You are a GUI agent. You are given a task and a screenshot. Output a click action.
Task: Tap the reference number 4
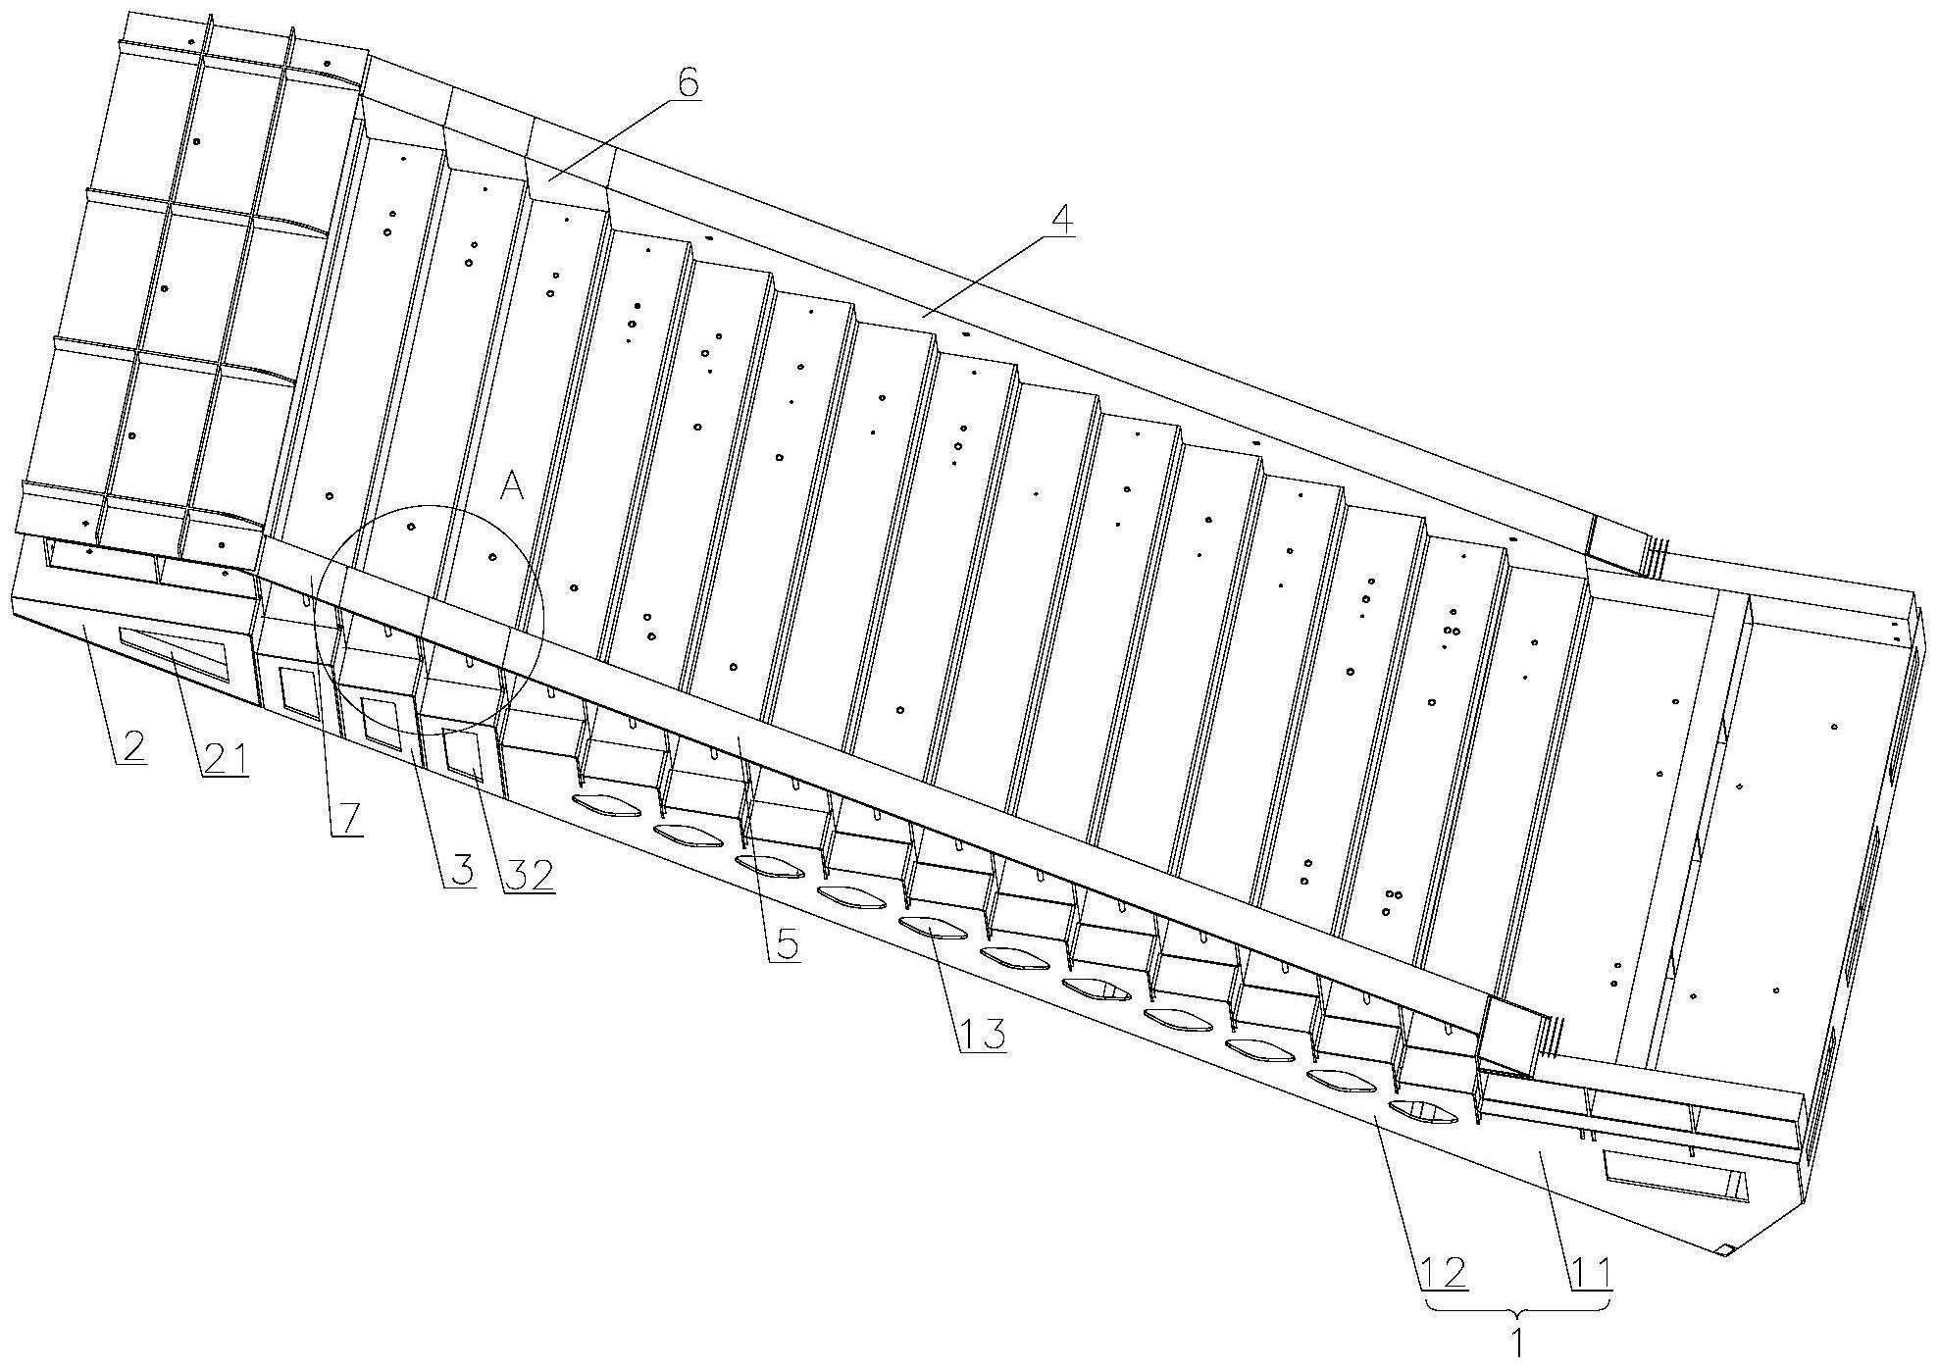tap(1059, 222)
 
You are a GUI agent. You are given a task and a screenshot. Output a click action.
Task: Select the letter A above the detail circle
tap(511, 484)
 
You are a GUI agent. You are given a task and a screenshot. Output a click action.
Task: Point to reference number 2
tap(131, 747)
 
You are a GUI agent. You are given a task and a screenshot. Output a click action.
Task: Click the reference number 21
tap(225, 759)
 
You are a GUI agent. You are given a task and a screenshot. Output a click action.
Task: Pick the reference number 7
tap(348, 816)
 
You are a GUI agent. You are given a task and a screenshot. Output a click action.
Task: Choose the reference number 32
tap(530, 875)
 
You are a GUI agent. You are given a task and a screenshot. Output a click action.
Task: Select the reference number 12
tap(1443, 1273)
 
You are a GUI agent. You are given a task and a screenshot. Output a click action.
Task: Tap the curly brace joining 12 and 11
tap(1516, 1309)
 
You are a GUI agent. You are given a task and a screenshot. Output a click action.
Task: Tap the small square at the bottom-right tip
tap(1725, 1249)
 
